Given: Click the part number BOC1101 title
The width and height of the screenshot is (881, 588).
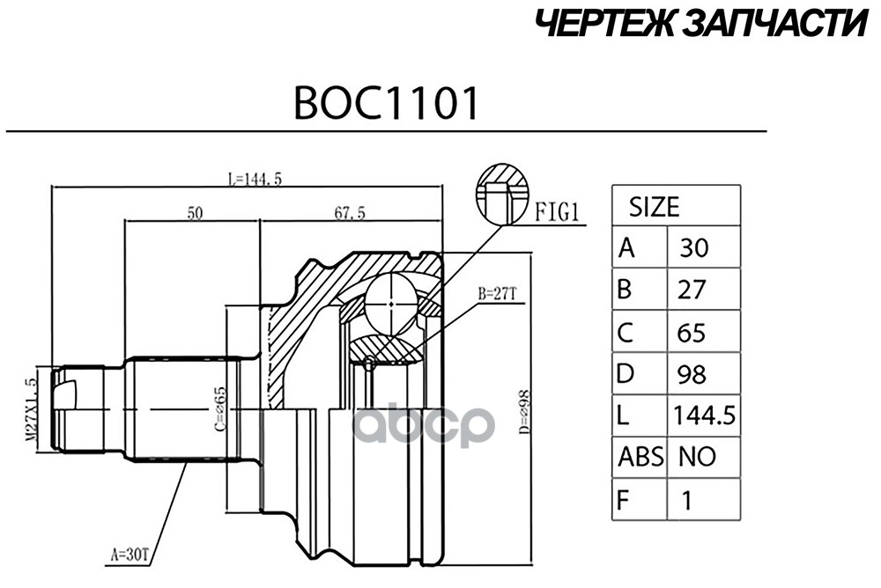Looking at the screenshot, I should point(387,103).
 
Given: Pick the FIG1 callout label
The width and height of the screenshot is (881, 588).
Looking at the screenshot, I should point(556,211).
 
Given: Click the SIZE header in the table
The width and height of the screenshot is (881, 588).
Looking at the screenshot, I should point(653,207).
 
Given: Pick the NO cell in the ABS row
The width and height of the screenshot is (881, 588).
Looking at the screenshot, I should point(697,456).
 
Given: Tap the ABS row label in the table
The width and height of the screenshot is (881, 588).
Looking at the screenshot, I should point(639,456).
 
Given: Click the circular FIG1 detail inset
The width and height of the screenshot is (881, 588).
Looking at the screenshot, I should point(501,194).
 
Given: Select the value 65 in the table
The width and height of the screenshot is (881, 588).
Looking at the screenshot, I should point(692,332).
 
